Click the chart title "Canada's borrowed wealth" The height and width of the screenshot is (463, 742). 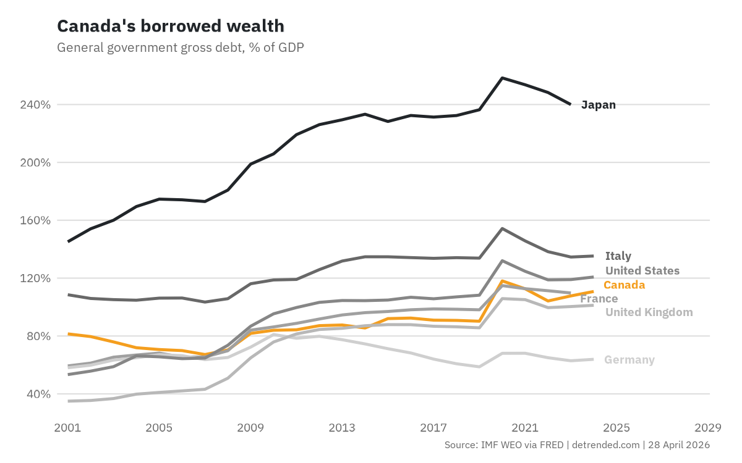(171, 26)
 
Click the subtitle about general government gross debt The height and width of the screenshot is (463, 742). (180, 48)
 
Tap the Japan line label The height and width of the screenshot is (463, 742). (598, 105)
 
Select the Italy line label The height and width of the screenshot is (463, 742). (618, 256)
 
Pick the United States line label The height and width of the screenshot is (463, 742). (642, 271)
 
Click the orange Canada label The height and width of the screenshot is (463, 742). (624, 285)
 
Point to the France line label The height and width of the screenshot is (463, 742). (599, 299)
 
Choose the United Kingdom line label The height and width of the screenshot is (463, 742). (649, 312)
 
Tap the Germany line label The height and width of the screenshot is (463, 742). (629, 360)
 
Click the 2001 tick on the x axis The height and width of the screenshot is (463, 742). (68, 427)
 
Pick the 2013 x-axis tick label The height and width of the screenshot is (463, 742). (342, 427)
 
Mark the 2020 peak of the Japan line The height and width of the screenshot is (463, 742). (502, 78)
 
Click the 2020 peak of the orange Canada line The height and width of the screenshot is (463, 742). (502, 281)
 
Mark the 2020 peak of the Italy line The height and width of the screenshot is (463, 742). (502, 228)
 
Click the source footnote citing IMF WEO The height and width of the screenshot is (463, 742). (577, 444)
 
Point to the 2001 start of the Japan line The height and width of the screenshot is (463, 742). (68, 241)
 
